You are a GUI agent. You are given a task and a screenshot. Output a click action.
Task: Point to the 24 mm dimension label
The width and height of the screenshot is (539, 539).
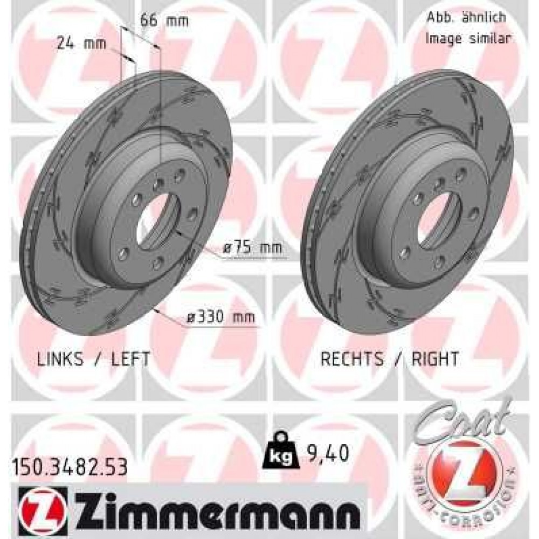coord(81,44)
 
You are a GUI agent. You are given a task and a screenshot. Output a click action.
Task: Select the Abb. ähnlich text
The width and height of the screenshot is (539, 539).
coord(466,17)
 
